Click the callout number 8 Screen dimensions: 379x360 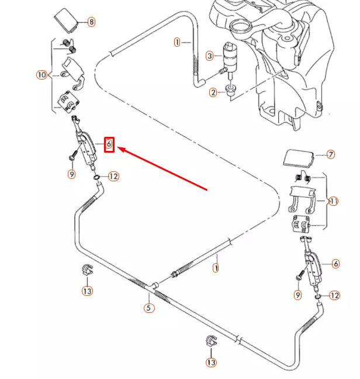(x=91, y=22)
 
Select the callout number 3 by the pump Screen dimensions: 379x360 (x=209, y=56)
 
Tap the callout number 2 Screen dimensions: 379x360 (x=213, y=92)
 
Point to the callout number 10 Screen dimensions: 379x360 (x=41, y=75)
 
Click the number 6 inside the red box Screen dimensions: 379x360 (x=109, y=144)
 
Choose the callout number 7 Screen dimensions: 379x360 (x=331, y=155)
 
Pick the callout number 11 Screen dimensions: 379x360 (x=334, y=201)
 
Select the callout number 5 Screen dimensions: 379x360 (x=149, y=308)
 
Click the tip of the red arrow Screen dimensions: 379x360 (x=119, y=149)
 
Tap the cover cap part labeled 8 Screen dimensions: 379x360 (x=67, y=21)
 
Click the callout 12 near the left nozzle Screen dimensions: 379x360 (x=113, y=176)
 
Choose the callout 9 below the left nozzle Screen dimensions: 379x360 (x=71, y=174)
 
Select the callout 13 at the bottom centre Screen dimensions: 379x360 (x=211, y=363)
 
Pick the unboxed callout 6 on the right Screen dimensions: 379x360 (x=335, y=264)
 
